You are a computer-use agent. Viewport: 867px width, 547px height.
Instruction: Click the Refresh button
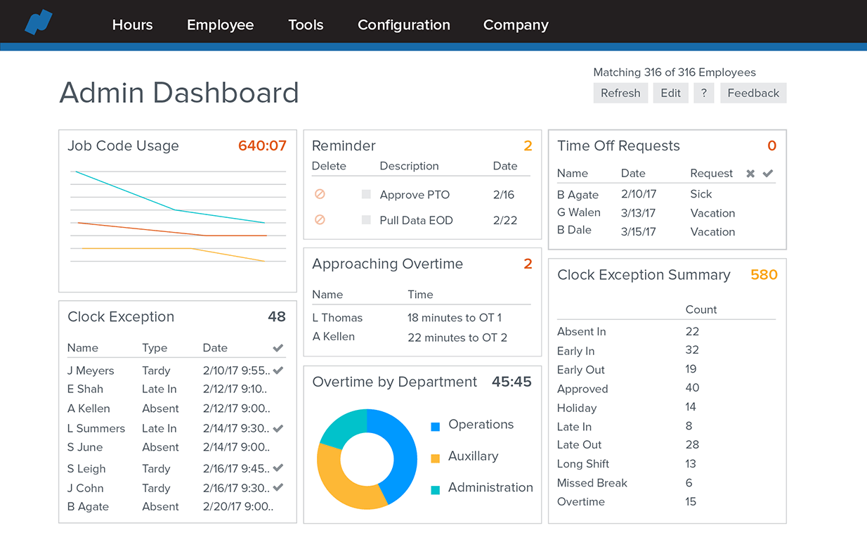coord(620,93)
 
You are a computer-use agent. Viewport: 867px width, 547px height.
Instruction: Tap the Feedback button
coord(753,93)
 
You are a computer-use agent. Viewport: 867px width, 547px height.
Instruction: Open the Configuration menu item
coord(404,25)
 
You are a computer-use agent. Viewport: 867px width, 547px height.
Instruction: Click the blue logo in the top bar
coord(39,22)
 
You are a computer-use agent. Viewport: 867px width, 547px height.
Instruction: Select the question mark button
coord(704,93)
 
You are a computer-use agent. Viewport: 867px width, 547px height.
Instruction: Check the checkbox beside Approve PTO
coord(366,194)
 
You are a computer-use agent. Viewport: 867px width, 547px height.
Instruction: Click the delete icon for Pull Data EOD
coord(320,219)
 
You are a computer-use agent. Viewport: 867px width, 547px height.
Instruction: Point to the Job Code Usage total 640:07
coord(262,146)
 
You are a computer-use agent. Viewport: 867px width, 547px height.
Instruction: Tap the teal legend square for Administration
coord(435,489)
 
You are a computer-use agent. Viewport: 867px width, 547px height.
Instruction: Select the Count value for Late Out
coord(692,445)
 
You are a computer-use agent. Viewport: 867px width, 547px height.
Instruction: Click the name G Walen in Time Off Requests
coord(579,212)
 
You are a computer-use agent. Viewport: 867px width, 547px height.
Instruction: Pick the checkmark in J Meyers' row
coord(278,370)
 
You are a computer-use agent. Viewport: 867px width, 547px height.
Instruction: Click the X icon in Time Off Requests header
coord(750,173)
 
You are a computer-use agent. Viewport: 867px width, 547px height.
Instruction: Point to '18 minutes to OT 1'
coord(454,318)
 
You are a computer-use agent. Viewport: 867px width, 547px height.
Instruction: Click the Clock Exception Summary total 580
coord(764,275)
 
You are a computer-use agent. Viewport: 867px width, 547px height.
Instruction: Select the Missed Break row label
coord(592,483)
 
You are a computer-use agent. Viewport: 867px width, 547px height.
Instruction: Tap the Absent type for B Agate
coord(160,506)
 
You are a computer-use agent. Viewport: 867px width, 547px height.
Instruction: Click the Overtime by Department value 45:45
coord(511,382)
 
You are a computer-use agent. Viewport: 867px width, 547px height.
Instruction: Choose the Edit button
coord(670,93)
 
